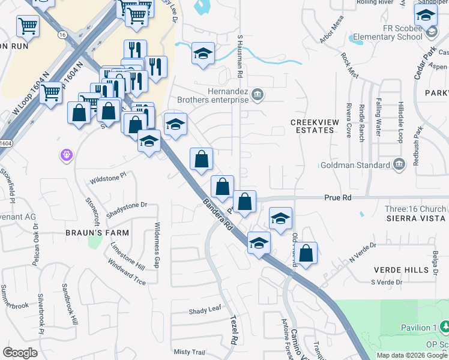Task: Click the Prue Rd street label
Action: pos(336,197)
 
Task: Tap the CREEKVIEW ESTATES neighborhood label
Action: pos(315,126)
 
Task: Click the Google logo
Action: pos(20,352)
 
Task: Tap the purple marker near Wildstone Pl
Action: pos(67,156)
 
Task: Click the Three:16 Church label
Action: pos(407,209)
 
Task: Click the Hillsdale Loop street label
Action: pos(399,126)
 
